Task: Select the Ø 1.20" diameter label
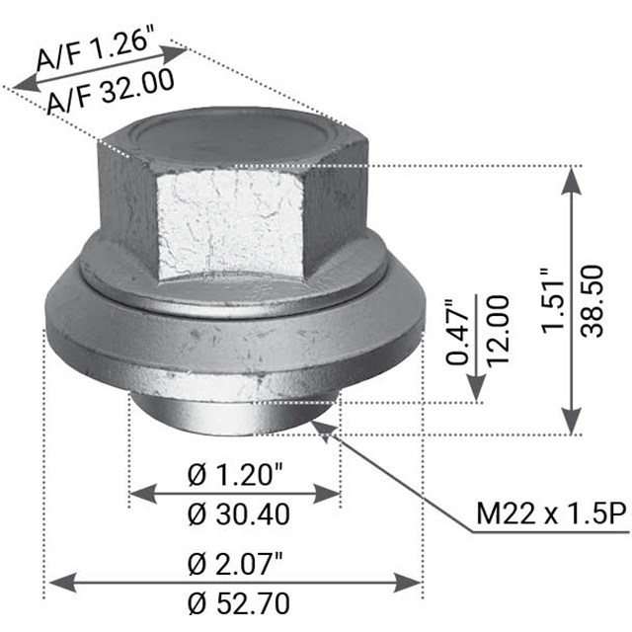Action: pyautogui.click(x=235, y=475)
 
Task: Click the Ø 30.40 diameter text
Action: pyautogui.click(x=235, y=514)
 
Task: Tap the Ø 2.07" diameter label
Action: pyautogui.click(x=235, y=564)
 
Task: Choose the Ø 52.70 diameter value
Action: pyautogui.click(x=235, y=601)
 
